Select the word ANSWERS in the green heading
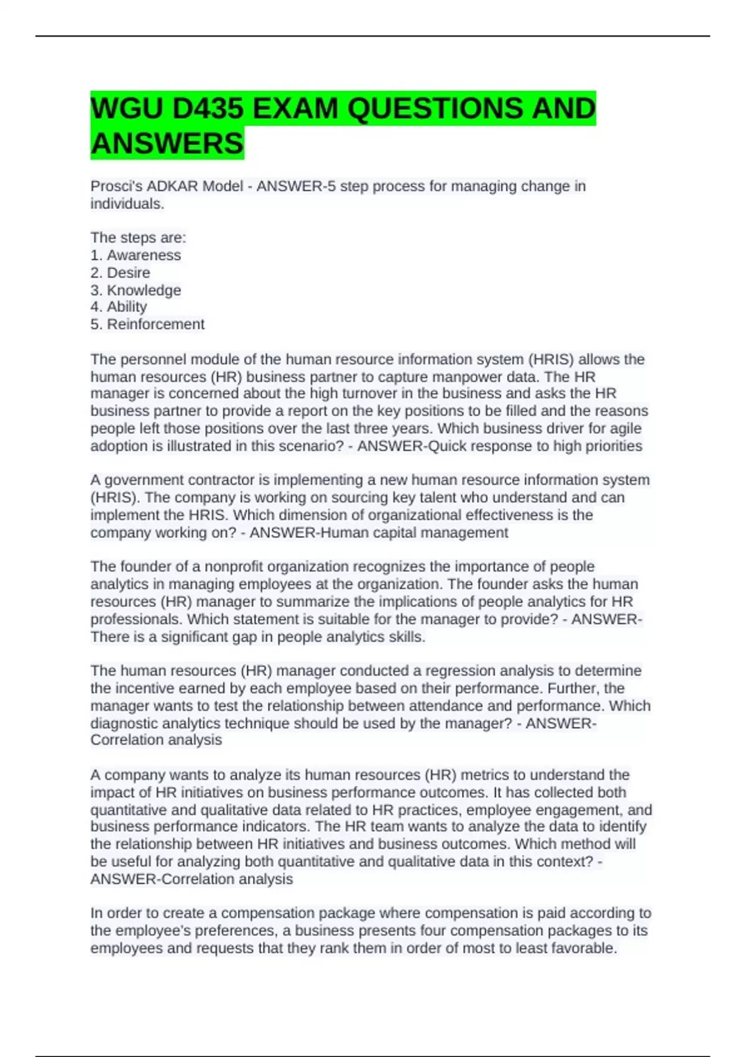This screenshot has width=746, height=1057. coord(167,144)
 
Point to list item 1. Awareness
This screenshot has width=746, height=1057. coord(136,255)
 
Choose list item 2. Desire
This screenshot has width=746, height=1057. coord(121,272)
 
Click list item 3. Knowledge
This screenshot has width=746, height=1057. coord(136,290)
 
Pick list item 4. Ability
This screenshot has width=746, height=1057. coord(119,307)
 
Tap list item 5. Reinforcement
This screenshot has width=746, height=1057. coord(147,324)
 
